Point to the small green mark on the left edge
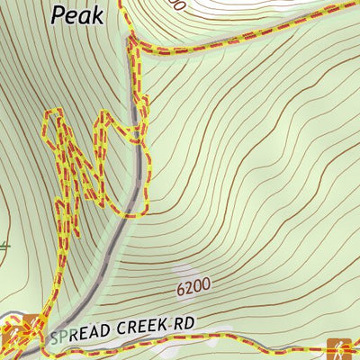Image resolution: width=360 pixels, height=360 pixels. [x=4, y=244]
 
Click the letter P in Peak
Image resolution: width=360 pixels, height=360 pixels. [x=58, y=13]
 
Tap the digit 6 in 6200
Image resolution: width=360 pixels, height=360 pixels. [x=180, y=289]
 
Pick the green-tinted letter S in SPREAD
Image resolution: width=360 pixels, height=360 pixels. [x=54, y=337]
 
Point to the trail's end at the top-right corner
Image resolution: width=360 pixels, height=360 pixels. [x=355, y=4]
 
